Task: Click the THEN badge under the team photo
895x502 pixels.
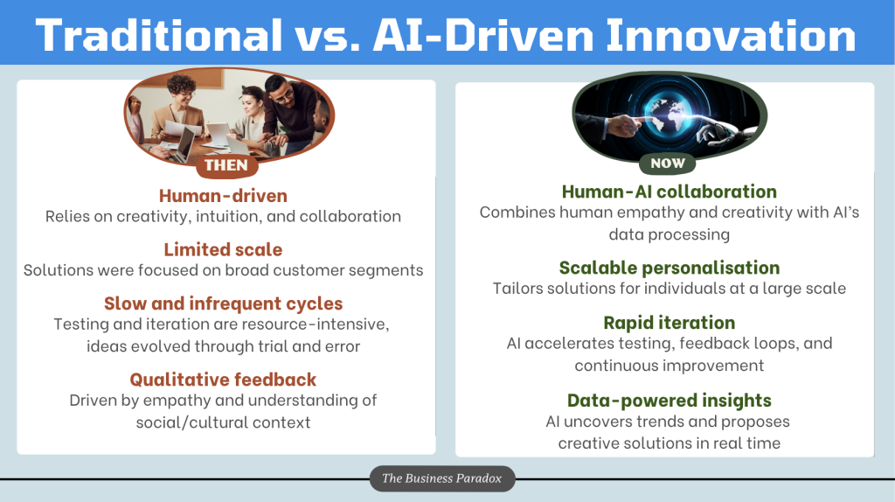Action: point(226,165)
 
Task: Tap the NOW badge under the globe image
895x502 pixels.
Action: point(668,164)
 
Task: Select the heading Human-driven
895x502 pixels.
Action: point(223,196)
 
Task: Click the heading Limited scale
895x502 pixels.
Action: point(223,249)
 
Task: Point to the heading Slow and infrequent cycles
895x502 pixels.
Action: point(223,303)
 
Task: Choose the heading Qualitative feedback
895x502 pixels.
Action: point(223,380)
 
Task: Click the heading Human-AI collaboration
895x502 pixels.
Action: point(669,192)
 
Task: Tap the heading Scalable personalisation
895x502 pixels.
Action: point(669,268)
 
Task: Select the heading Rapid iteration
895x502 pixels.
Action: point(669,323)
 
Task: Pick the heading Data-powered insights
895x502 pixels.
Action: point(669,401)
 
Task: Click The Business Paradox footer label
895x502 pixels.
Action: point(441,478)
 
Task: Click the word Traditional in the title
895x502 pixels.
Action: point(159,35)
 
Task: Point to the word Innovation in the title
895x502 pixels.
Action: point(732,35)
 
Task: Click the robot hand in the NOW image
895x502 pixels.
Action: point(720,131)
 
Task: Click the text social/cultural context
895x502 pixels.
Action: point(223,422)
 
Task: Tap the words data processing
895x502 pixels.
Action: point(669,234)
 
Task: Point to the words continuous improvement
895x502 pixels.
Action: point(669,366)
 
